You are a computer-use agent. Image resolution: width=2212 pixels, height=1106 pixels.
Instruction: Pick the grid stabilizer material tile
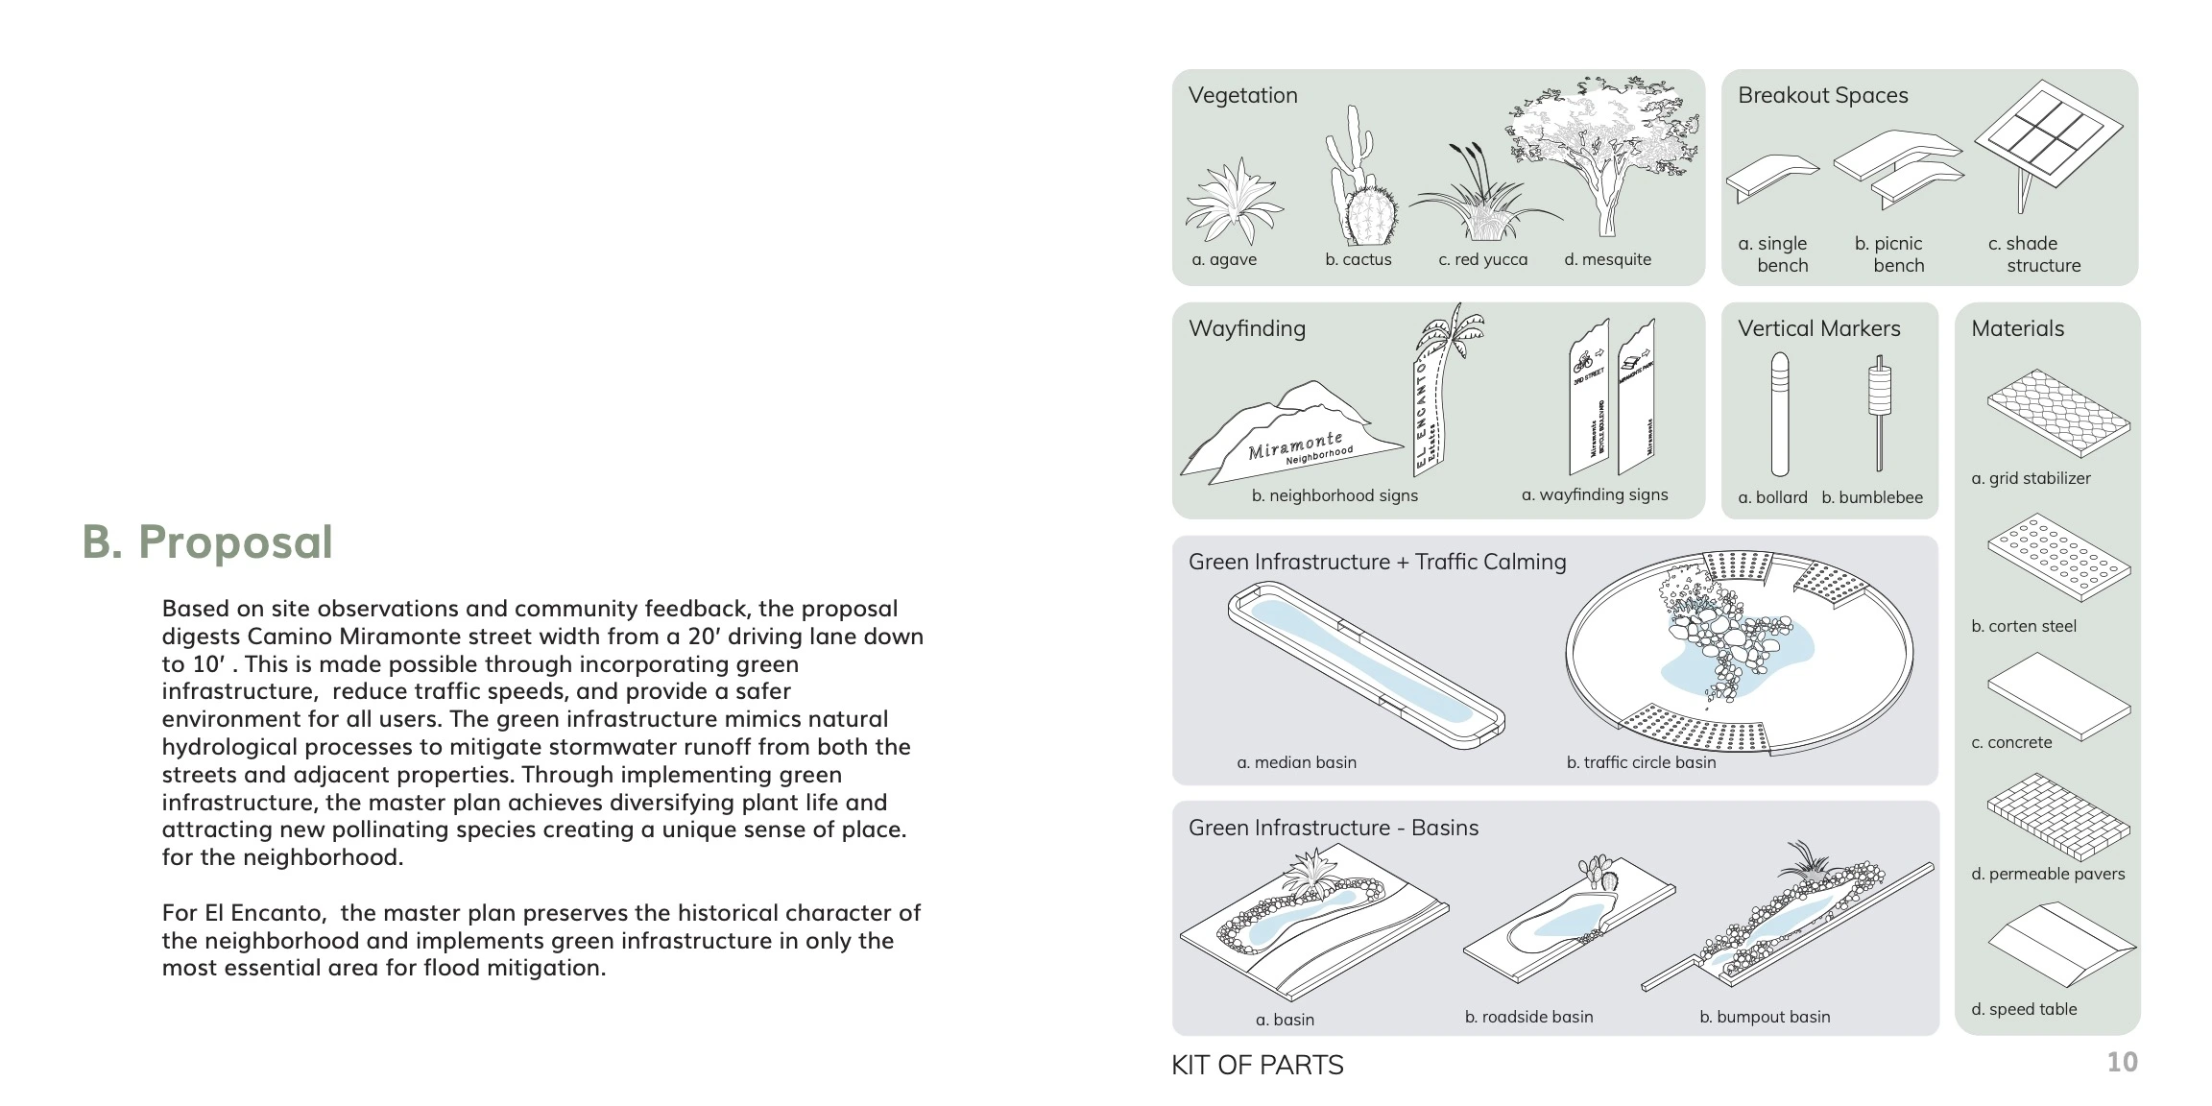(2057, 413)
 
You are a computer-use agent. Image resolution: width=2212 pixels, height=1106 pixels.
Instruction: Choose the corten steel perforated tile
(2057, 557)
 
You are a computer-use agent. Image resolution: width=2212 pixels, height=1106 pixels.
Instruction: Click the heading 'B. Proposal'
(207, 541)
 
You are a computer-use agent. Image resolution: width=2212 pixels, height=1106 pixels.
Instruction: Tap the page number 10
(2122, 1062)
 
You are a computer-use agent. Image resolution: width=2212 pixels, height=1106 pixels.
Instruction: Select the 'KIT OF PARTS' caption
(1257, 1065)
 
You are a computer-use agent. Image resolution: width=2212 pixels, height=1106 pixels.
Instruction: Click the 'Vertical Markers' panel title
(1818, 328)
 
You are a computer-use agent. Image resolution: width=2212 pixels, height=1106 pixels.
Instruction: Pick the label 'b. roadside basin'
(1528, 1017)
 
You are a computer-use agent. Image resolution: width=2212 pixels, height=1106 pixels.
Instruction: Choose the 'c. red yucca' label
(1482, 259)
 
